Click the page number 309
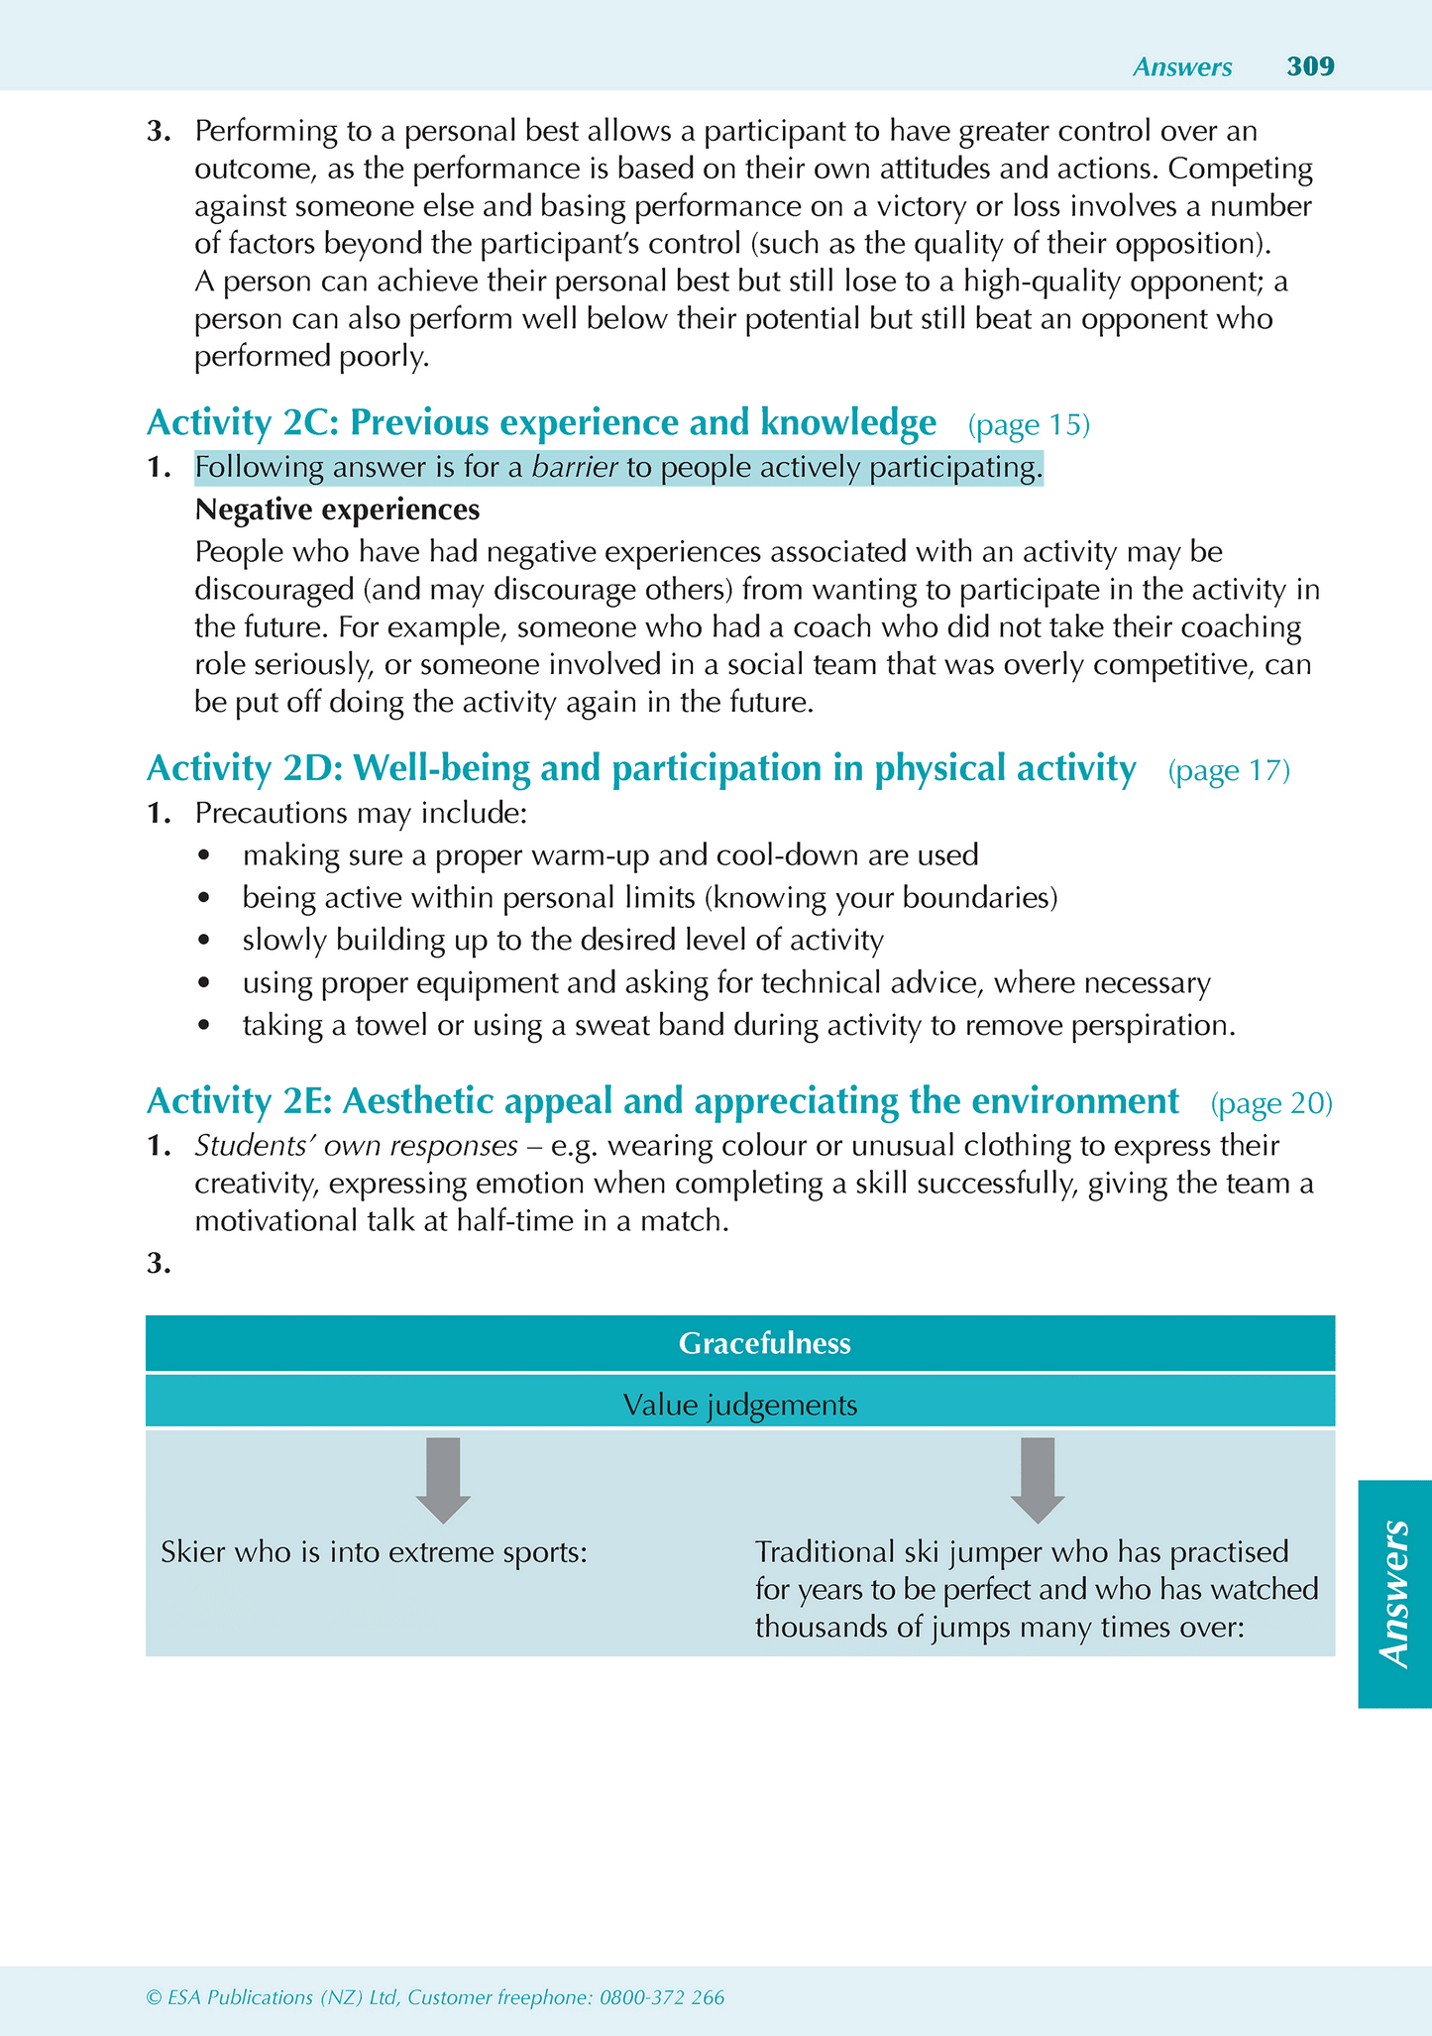tap(1310, 66)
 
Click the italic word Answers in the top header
tap(1182, 67)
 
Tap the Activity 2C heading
tap(540, 423)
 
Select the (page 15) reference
tap(1029, 425)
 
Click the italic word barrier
tap(575, 467)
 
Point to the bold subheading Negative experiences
tap(337, 509)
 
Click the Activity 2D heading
tap(640, 768)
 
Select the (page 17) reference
tap(1229, 770)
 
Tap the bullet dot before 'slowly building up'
tap(205, 941)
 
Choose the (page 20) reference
tap(1271, 1103)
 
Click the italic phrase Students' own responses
tap(356, 1146)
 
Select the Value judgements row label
tap(740, 1405)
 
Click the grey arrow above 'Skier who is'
tap(443, 1479)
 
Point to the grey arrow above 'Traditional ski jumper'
tap(1037, 1479)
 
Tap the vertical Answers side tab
tap(1394, 1593)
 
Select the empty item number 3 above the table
tap(159, 1264)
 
